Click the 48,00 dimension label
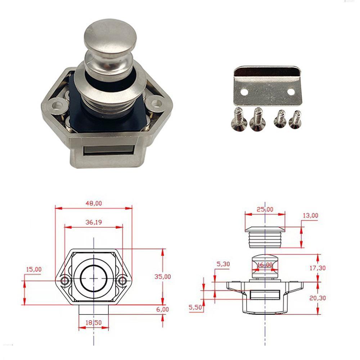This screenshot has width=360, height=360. coord(94,203)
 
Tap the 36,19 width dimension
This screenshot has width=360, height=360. coord(94,222)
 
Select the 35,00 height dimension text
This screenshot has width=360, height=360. coord(163,276)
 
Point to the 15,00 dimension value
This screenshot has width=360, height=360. coord(34,269)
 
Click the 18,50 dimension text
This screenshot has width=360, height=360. coord(94,323)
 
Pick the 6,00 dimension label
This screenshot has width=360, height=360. coord(163,310)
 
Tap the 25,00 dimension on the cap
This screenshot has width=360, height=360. coord(265,210)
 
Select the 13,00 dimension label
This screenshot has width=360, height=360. coord(310,215)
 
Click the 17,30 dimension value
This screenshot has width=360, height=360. coord(318,268)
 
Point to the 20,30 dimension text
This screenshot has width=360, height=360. coord(318,298)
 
